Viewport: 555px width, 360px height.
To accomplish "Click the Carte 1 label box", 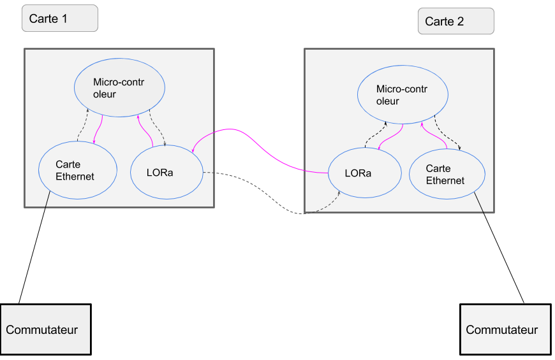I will tap(59, 18).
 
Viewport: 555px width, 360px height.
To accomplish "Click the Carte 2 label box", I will tap(455, 21).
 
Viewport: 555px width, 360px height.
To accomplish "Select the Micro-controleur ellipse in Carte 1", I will tap(120, 87).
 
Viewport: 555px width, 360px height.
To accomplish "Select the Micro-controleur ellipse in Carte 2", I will tap(402, 95).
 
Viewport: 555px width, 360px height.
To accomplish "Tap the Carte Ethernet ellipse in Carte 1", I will tap(78, 170).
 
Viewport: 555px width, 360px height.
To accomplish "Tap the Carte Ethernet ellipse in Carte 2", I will tap(447, 174).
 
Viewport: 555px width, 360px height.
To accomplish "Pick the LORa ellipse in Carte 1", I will tap(166, 172).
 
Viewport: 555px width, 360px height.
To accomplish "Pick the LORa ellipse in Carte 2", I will tap(364, 173).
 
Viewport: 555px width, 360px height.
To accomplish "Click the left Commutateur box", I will tap(45, 329).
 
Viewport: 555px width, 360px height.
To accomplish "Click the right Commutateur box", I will tap(505, 329).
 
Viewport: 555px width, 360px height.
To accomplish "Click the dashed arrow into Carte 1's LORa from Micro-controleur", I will tap(159, 131).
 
